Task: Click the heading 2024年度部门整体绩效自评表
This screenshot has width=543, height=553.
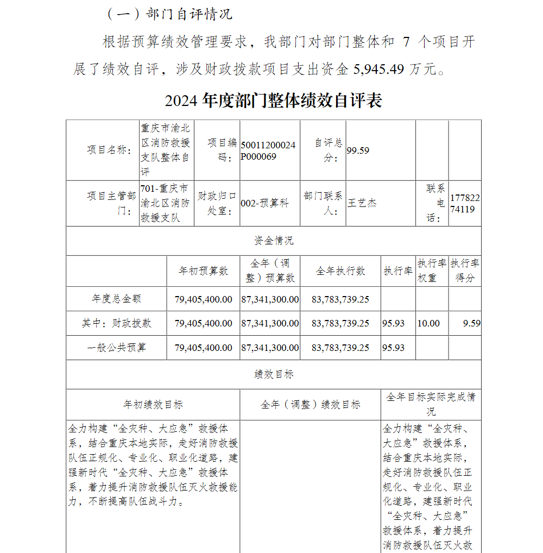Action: tap(274, 101)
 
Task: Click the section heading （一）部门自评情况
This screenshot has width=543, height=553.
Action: tap(168, 15)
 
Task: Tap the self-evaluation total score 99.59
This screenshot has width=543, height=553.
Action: tap(358, 150)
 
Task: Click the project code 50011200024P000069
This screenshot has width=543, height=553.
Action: tap(269, 150)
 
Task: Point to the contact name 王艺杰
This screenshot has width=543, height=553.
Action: tap(362, 203)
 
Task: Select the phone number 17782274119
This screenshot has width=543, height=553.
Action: tap(465, 203)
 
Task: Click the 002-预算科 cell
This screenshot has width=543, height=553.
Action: tap(265, 203)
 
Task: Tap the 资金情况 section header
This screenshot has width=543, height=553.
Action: tap(274, 241)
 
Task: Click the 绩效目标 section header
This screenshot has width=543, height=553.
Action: tap(274, 374)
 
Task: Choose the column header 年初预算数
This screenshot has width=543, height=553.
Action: tap(204, 271)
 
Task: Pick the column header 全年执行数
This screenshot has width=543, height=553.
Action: tap(340, 271)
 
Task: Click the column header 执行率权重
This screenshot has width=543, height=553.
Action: tap(432, 271)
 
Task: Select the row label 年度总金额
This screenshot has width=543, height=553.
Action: tap(117, 299)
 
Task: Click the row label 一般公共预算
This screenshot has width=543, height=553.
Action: tap(117, 348)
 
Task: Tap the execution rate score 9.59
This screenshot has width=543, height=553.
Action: tap(471, 323)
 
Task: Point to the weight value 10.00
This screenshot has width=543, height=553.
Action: tap(428, 323)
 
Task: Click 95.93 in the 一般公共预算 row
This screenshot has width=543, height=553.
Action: tap(393, 348)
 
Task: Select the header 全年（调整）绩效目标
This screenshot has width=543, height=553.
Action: tap(311, 405)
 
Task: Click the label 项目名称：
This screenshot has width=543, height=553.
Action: tap(109, 150)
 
